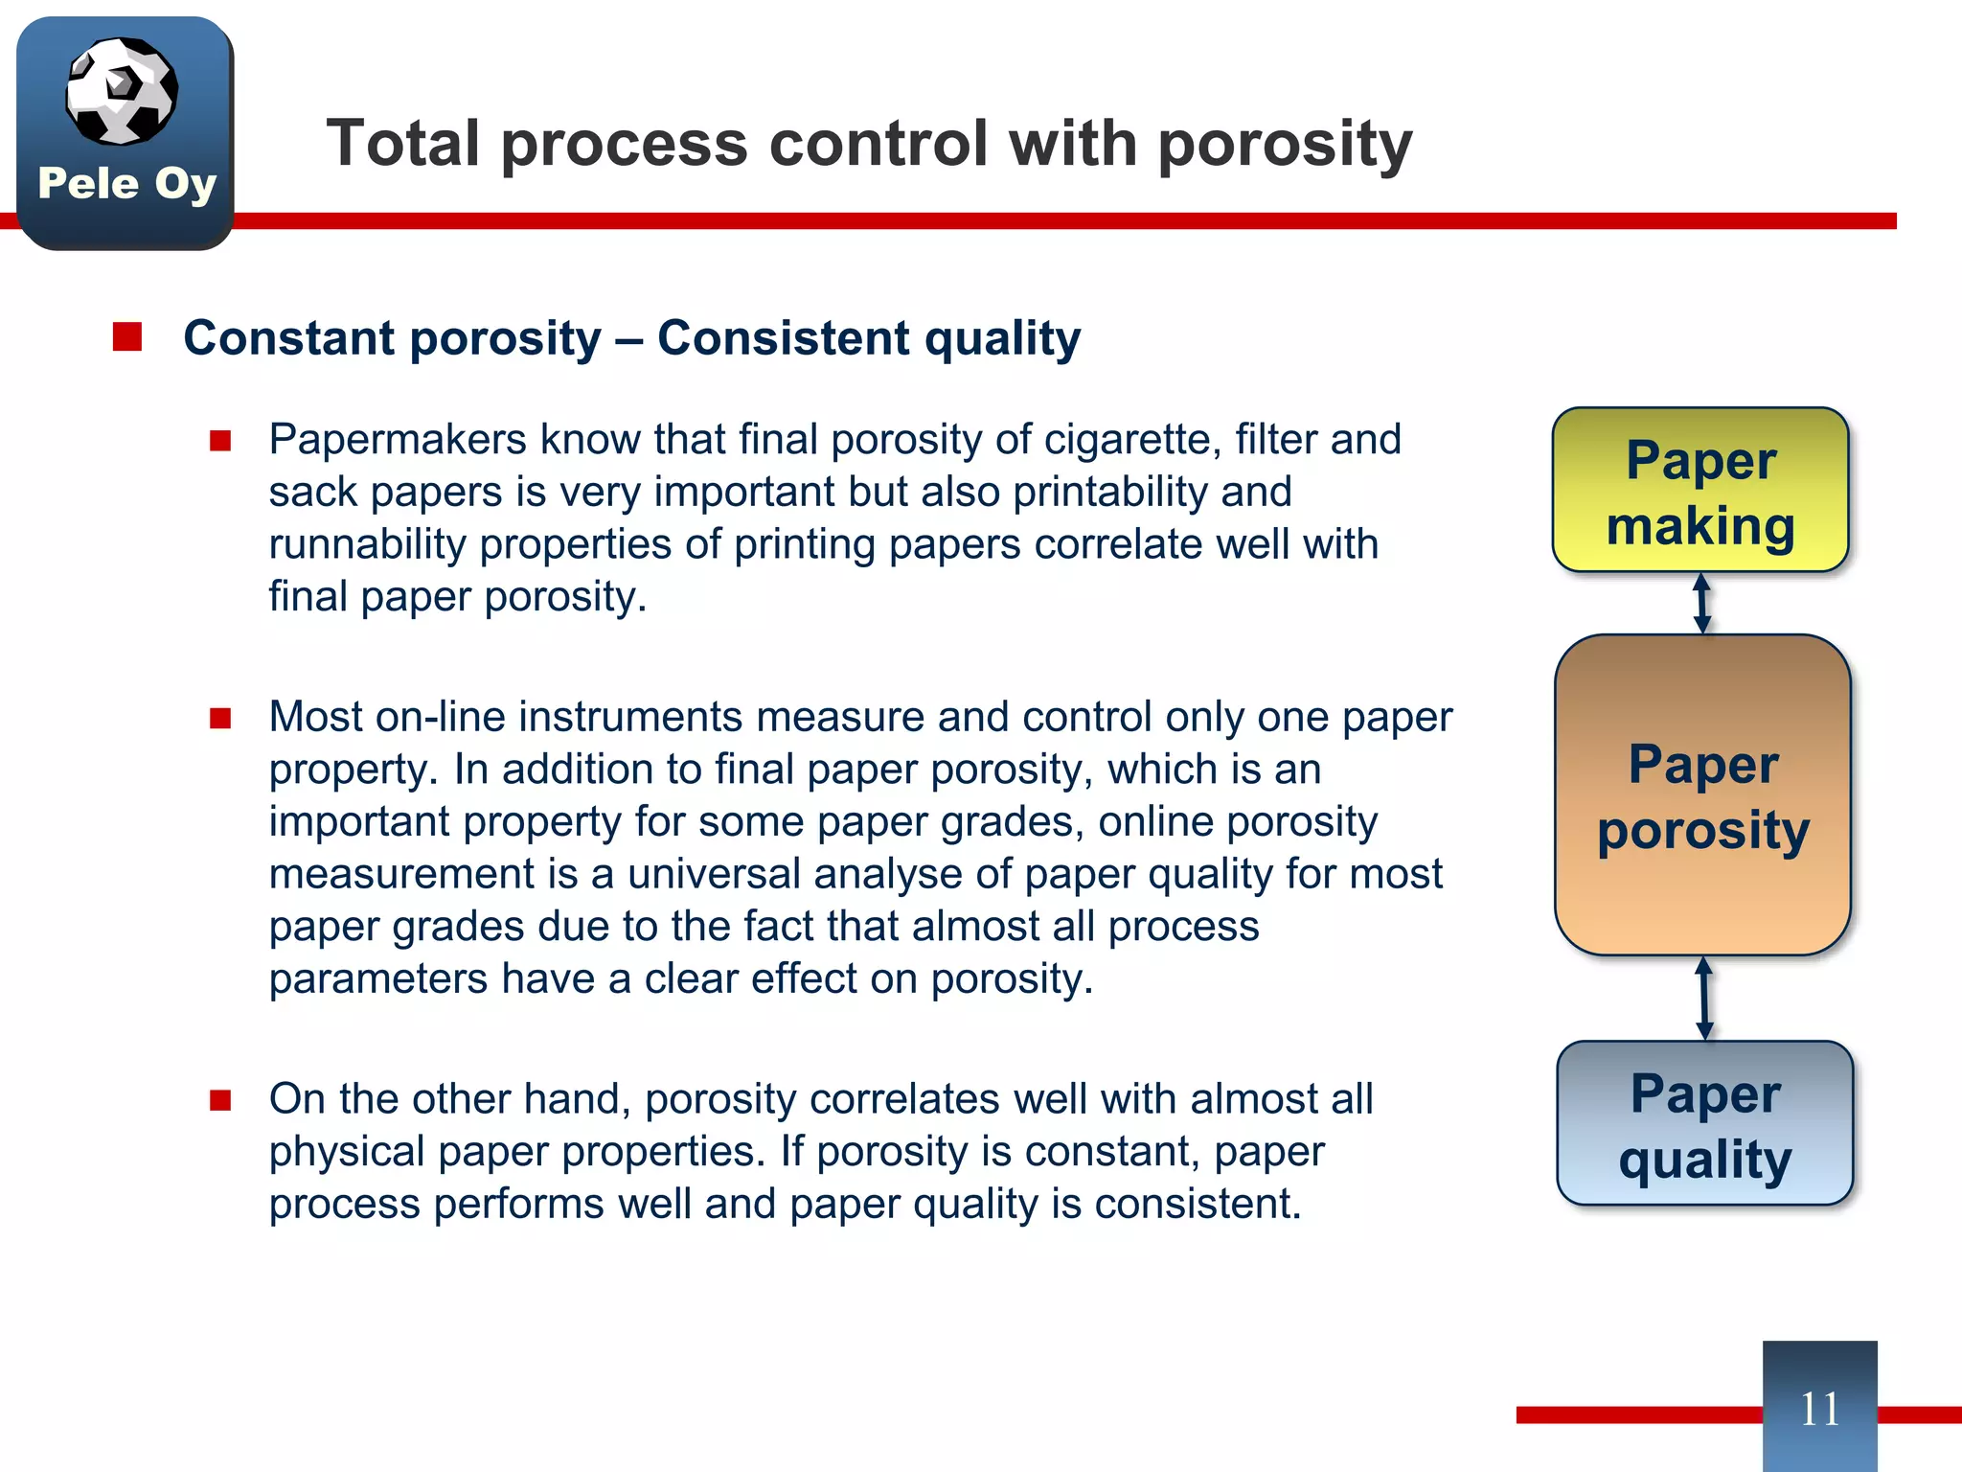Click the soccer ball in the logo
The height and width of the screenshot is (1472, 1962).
pyautogui.click(x=122, y=91)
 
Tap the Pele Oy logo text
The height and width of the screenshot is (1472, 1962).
pyautogui.click(x=126, y=183)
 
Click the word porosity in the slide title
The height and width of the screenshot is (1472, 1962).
pyautogui.click(x=1285, y=144)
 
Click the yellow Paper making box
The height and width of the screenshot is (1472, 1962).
pyautogui.click(x=1700, y=491)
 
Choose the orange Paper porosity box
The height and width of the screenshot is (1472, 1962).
pyautogui.click(x=1702, y=795)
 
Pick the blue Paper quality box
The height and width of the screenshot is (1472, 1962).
pyautogui.click(x=1704, y=1123)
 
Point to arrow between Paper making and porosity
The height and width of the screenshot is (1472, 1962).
pyautogui.click(x=1702, y=604)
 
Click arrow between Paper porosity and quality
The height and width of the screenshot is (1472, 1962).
pyautogui.click(x=1704, y=999)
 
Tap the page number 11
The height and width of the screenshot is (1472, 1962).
pyautogui.click(x=1819, y=1409)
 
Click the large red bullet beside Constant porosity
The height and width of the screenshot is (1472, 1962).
pyautogui.click(x=127, y=337)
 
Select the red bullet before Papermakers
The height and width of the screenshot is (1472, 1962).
pyautogui.click(x=221, y=440)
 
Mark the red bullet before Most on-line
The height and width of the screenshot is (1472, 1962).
pyautogui.click(x=221, y=718)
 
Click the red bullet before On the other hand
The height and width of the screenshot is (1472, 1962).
pyautogui.click(x=221, y=1099)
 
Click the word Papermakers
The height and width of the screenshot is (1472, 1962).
pyautogui.click(x=397, y=440)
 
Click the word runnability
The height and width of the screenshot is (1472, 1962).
pyautogui.click(x=367, y=544)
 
